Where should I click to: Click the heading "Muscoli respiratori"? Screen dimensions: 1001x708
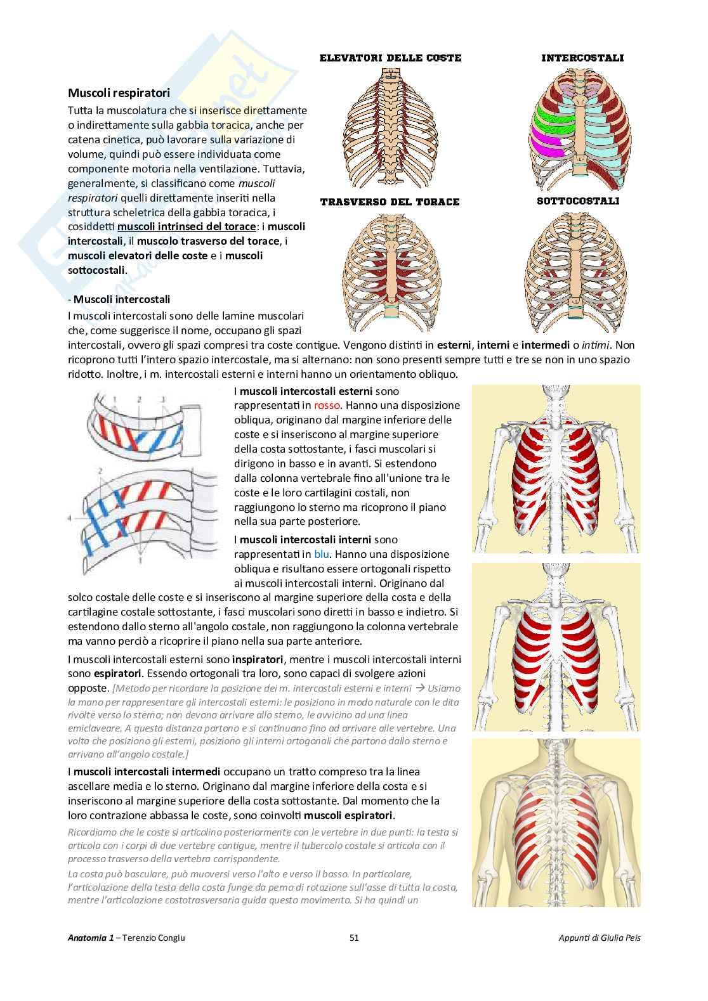(119, 93)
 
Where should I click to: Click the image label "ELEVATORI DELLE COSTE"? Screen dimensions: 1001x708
(390, 58)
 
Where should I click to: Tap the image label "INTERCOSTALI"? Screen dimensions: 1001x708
(582, 58)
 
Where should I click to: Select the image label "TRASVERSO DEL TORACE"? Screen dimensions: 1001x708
(390, 202)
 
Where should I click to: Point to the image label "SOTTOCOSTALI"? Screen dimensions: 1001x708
(578, 201)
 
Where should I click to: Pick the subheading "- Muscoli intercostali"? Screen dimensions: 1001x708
(119, 299)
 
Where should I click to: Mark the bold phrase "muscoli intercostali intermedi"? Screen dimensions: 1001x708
(147, 772)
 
